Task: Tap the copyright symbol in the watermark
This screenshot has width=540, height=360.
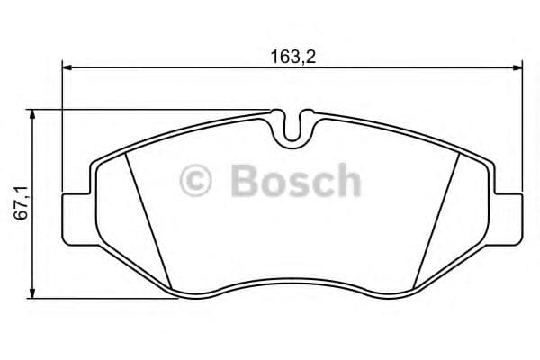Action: click(196, 181)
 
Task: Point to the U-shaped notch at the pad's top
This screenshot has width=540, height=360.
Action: click(291, 129)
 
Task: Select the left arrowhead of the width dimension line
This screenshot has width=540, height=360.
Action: click(67, 66)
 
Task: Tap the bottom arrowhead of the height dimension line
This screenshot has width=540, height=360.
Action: click(33, 294)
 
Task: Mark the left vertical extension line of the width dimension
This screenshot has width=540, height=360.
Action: click(62, 126)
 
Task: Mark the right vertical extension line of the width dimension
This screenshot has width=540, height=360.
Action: click(523, 126)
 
